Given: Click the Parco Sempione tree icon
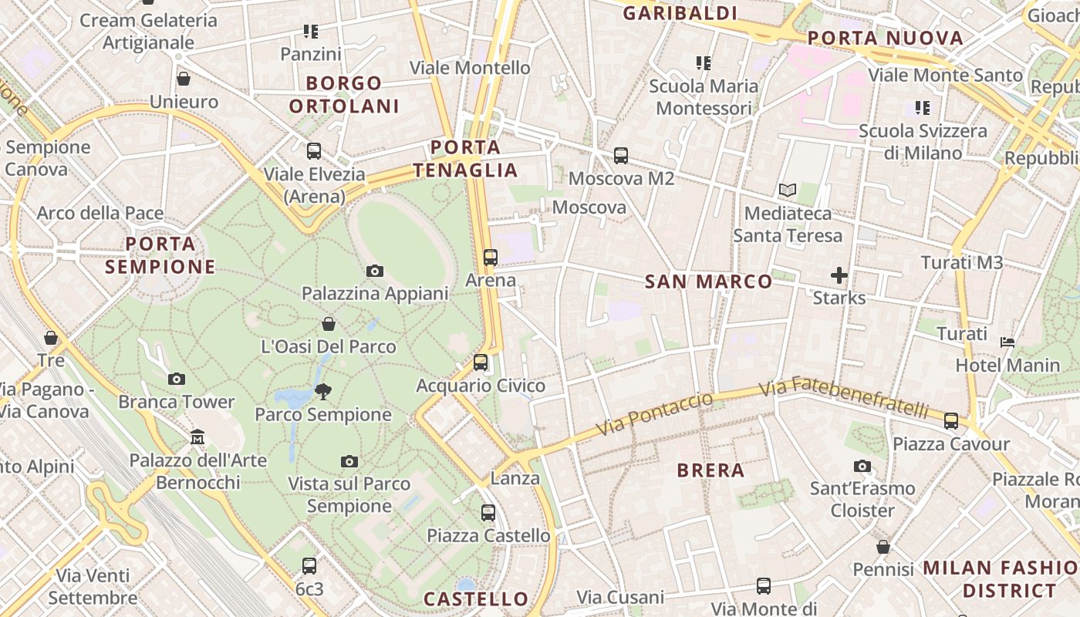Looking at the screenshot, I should pos(323,392).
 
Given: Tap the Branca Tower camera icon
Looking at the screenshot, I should pos(177,379).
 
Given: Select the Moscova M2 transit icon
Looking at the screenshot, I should pos(621,156).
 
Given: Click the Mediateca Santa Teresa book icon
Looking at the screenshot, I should pos(787,190).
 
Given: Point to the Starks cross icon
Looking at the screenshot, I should pos(839,275).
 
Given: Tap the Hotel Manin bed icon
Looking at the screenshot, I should pos(1007,342).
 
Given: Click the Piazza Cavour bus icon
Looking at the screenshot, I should pos(951,421).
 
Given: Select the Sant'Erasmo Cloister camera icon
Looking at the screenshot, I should pos(862,466).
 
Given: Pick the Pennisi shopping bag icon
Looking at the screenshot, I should pos(883,547).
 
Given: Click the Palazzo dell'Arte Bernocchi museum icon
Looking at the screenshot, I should pos(197,437).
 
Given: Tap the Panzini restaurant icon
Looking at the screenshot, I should pos(311,32).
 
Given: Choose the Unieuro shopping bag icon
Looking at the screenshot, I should pos(184,79).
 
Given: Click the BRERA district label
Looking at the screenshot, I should pos(710,470).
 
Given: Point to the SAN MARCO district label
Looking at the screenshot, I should pos(708,282).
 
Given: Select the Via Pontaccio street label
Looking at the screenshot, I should pos(654,415).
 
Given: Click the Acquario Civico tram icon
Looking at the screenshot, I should pos(481,362).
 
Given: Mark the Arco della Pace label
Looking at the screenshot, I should pos(100,213).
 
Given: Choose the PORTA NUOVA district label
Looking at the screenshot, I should pos(886,38).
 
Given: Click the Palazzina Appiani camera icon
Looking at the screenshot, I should pos(375,271).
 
